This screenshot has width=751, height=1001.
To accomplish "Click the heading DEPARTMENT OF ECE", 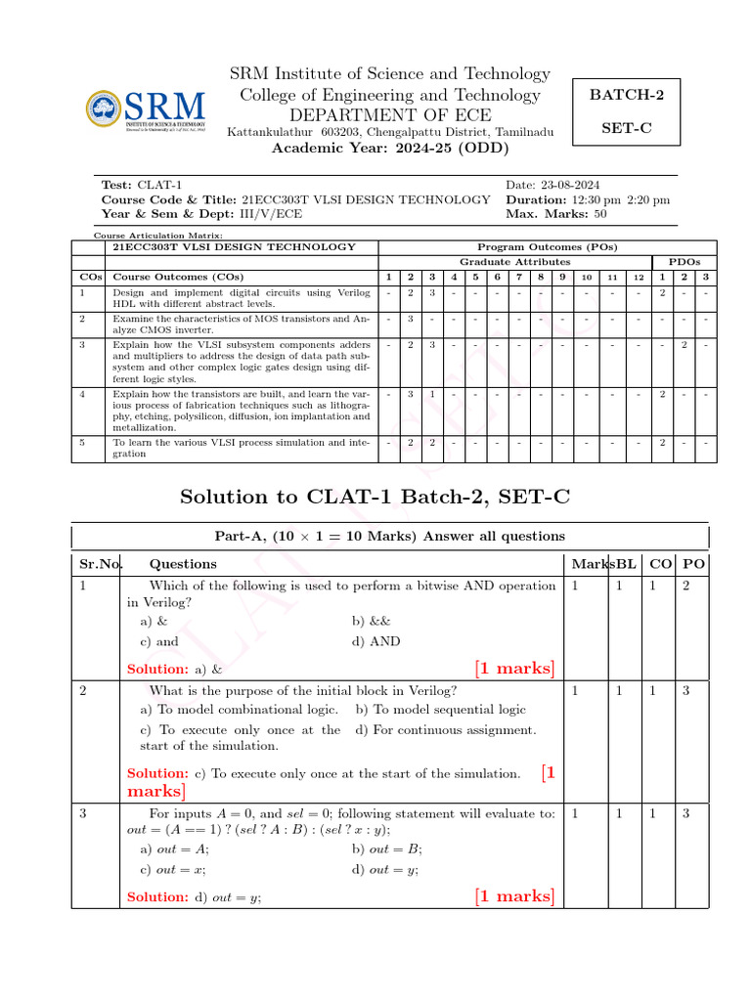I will click(x=389, y=114).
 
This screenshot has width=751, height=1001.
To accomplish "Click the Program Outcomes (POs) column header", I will click(x=547, y=247).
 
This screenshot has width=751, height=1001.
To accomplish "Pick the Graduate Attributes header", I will click(x=514, y=262).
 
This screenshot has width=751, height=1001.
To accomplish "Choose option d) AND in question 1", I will click(x=375, y=641).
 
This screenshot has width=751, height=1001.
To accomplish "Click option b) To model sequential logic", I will click(x=440, y=710).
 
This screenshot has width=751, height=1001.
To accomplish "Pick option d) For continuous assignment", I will click(x=446, y=730).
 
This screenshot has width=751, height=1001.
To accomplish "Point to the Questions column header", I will click(x=183, y=564).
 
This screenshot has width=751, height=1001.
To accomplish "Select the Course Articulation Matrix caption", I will click(x=157, y=236).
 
